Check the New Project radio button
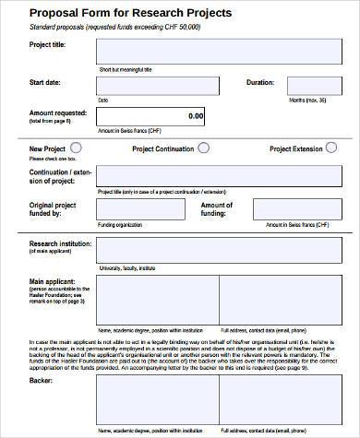(75, 147)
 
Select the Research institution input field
(221, 250)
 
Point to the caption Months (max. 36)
(308, 100)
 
